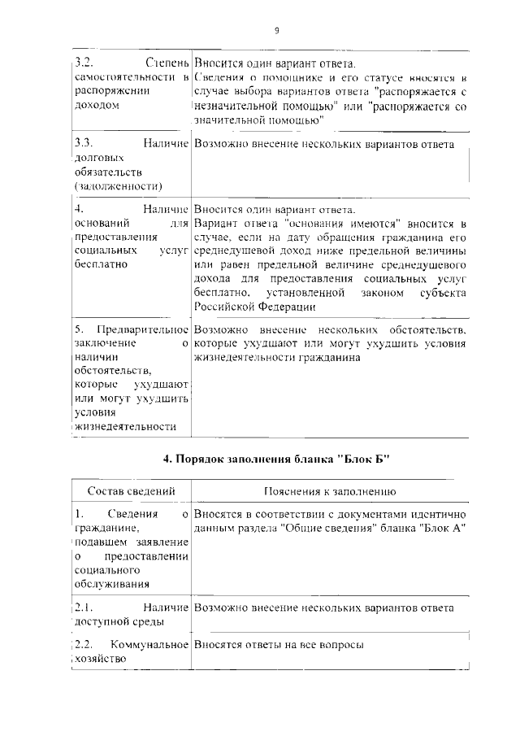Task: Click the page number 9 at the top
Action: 276,30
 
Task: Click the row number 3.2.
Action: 83,63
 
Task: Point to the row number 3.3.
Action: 83,144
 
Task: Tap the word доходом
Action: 97,105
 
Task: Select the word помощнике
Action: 266,77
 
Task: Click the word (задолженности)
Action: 117,187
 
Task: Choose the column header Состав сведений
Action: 131,492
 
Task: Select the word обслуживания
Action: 110,585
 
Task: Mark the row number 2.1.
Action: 83,608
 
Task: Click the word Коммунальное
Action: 149,643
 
